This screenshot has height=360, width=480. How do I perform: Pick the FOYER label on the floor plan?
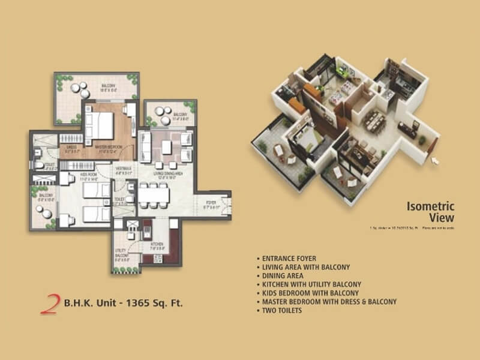211,203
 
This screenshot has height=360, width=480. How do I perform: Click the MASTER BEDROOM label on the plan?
109,147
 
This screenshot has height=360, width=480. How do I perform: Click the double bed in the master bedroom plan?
99,125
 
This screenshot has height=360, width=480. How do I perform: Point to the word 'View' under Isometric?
442,218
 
